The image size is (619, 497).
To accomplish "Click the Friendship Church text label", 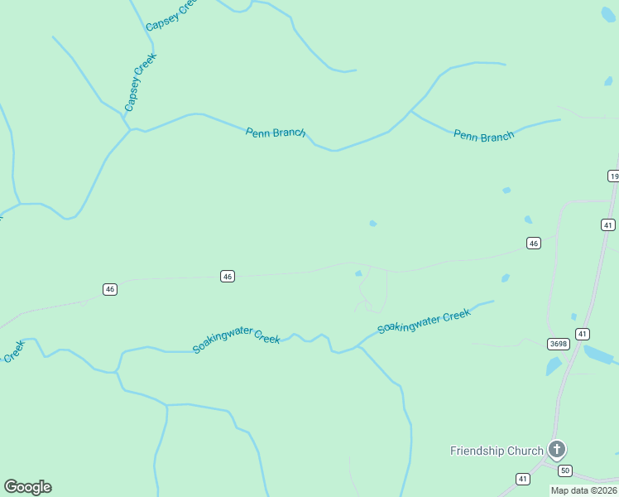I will tap(497, 451).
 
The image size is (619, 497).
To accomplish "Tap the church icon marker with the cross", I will tap(557, 450).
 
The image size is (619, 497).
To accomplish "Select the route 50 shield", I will tap(564, 470).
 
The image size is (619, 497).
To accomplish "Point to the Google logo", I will tap(27, 487).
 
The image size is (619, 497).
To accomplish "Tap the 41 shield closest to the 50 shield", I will tap(523, 479).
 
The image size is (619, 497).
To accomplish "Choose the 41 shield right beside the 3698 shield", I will tap(583, 334).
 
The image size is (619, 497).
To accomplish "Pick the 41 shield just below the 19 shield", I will tap(608, 224).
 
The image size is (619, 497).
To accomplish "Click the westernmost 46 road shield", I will tap(110, 289).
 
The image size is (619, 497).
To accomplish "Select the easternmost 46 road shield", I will tap(534, 243).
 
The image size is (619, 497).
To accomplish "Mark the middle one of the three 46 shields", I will tap(228, 276).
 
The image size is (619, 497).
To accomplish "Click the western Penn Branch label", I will tap(276, 133).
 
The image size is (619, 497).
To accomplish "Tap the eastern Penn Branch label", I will tap(483, 136).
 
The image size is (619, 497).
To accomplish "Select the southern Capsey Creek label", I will tap(141, 82).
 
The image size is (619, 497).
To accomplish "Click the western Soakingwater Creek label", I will tap(237, 341).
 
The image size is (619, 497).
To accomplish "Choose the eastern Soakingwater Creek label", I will tap(424, 321).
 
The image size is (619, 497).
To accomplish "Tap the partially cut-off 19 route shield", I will tap(613, 176).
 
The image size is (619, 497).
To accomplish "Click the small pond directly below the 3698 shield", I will tap(554, 366).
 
